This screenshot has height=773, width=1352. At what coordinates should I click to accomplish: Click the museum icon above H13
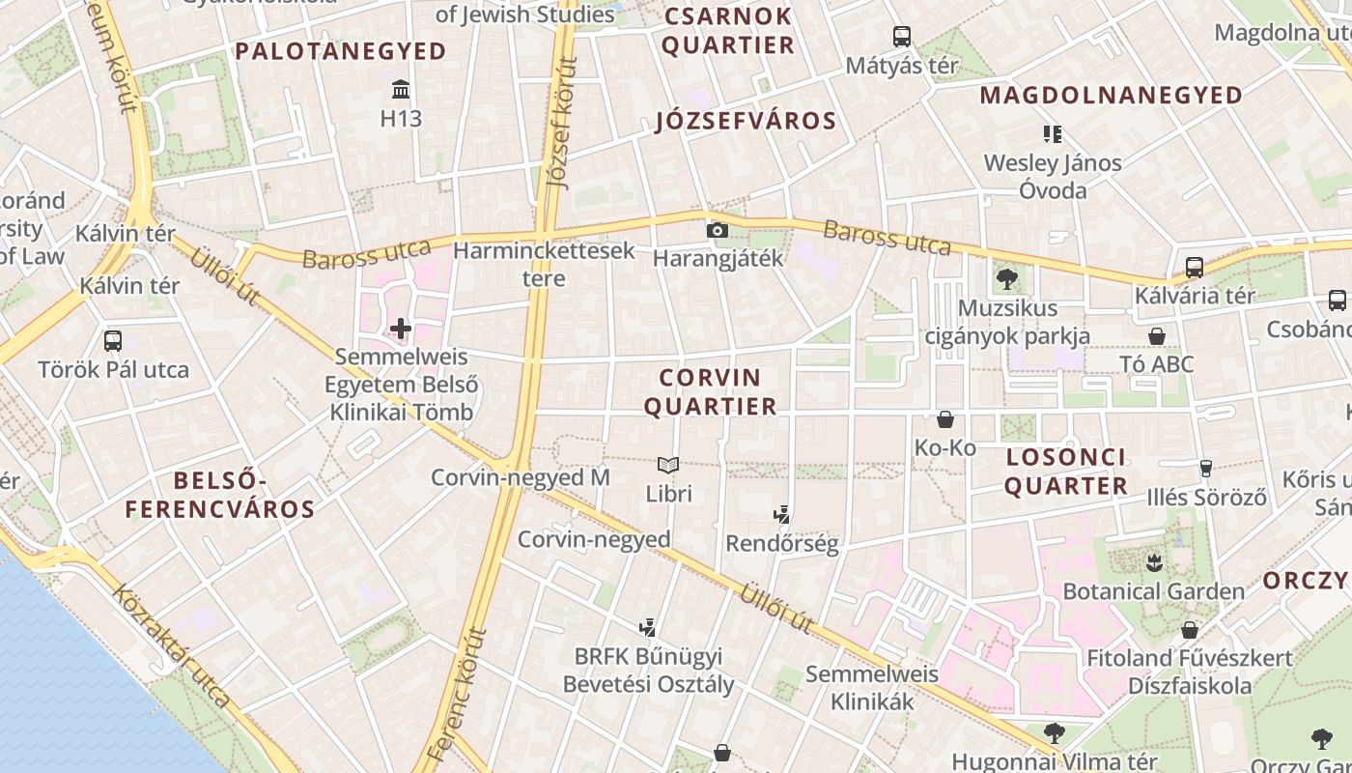click(401, 91)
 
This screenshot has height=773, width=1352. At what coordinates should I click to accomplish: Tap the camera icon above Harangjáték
click(717, 230)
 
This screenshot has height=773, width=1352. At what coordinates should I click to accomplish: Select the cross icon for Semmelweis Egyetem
click(401, 329)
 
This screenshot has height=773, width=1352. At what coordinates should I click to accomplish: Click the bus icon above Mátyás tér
click(902, 37)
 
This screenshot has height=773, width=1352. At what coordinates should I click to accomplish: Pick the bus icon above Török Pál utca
click(113, 340)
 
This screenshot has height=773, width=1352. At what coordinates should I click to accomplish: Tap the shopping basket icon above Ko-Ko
click(945, 419)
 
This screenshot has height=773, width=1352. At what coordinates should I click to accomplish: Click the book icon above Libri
click(668, 465)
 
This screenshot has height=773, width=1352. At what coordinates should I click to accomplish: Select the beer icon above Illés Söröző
click(1205, 469)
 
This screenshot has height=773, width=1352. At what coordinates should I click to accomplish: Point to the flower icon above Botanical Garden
click(1153, 561)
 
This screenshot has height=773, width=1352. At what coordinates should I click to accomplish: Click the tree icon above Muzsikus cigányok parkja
click(1007, 280)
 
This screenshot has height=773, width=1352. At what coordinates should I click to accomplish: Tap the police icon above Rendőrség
click(781, 514)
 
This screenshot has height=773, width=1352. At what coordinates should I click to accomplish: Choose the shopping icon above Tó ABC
click(1156, 336)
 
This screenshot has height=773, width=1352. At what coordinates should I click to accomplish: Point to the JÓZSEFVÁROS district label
click(746, 121)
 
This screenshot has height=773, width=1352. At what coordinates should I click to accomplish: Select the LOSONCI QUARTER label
click(1066, 472)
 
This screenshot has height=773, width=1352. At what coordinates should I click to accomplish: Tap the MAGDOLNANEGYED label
click(1112, 96)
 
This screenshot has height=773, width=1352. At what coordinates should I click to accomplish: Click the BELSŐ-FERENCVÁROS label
click(220, 495)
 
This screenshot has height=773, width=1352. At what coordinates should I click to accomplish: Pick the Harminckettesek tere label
click(544, 264)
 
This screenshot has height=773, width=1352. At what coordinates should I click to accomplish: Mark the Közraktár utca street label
click(174, 644)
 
